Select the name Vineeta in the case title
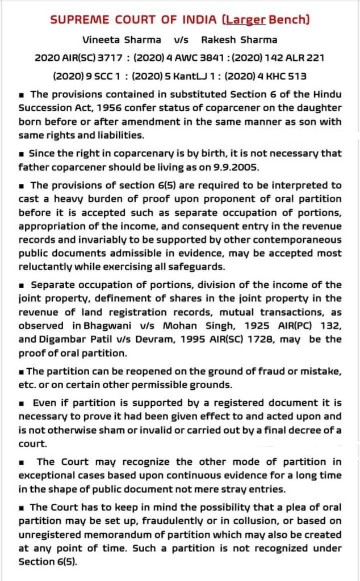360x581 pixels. click(101, 40)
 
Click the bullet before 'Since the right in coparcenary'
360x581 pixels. click(21, 154)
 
